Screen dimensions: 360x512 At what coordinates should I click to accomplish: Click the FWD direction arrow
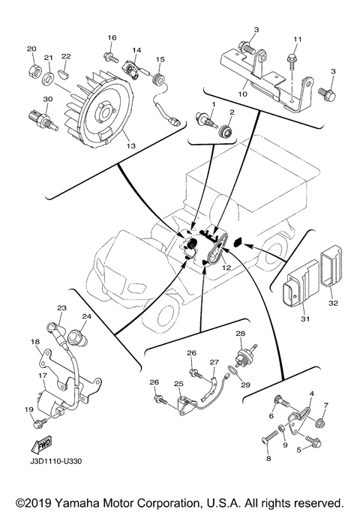tap(41, 445)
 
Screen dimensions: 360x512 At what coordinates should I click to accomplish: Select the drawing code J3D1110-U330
tap(55, 461)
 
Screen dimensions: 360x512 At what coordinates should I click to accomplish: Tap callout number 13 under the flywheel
tap(130, 146)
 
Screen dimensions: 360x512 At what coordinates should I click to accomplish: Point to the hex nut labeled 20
tap(34, 70)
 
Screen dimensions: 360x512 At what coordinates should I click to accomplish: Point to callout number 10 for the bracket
tap(243, 94)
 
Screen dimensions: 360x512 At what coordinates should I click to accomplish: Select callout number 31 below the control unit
tap(304, 319)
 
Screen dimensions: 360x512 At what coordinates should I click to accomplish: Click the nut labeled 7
tap(319, 424)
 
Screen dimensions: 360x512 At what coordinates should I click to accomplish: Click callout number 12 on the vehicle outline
tap(226, 268)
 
